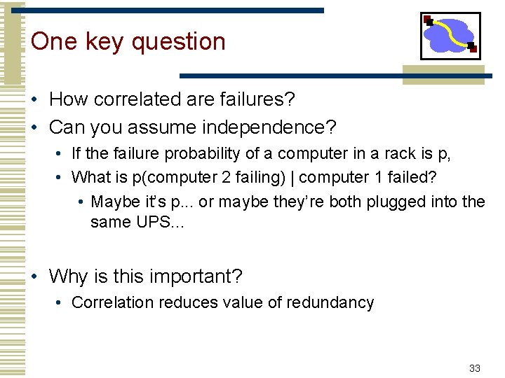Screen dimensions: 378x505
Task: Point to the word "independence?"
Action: point(274,128)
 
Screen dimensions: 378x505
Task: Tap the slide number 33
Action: point(474,368)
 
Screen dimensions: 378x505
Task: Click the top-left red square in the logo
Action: point(428,20)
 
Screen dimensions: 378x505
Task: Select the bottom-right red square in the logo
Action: point(473,48)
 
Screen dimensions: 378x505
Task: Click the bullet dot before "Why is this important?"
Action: point(35,277)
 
